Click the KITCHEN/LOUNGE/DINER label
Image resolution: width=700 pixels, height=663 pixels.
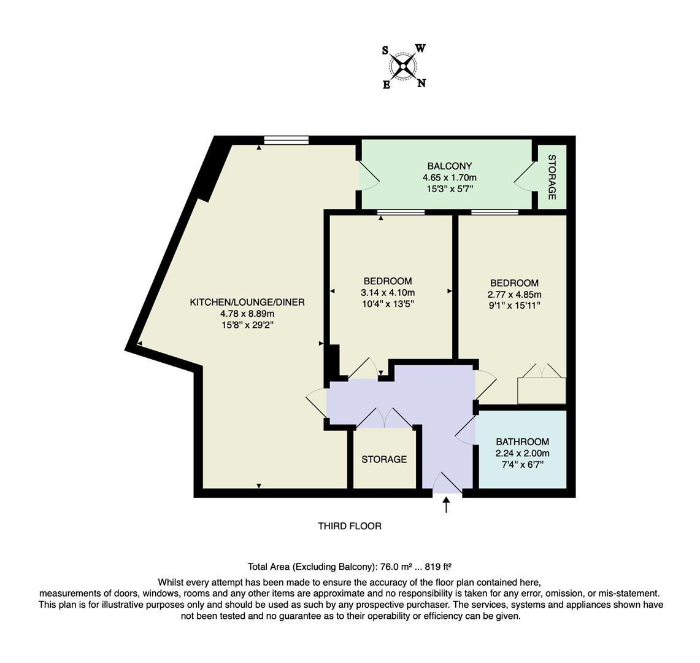(247, 302)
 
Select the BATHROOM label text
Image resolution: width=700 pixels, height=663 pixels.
(522, 441)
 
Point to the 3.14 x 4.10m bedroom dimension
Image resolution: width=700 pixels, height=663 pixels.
(388, 292)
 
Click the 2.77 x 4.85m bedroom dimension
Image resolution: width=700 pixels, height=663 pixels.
(514, 294)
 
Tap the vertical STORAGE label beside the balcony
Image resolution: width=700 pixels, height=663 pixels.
(552, 177)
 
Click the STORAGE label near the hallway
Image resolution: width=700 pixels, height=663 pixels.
(383, 459)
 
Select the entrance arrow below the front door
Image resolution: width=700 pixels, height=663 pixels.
(446, 505)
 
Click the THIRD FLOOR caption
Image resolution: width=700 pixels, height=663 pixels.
(350, 526)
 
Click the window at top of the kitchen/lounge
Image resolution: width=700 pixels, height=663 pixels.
(286, 140)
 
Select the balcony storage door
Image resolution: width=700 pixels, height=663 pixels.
(526, 178)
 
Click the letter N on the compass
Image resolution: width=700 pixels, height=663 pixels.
(421, 83)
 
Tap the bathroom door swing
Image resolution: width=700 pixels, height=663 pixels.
(465, 430)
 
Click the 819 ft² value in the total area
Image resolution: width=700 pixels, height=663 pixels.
(437, 567)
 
